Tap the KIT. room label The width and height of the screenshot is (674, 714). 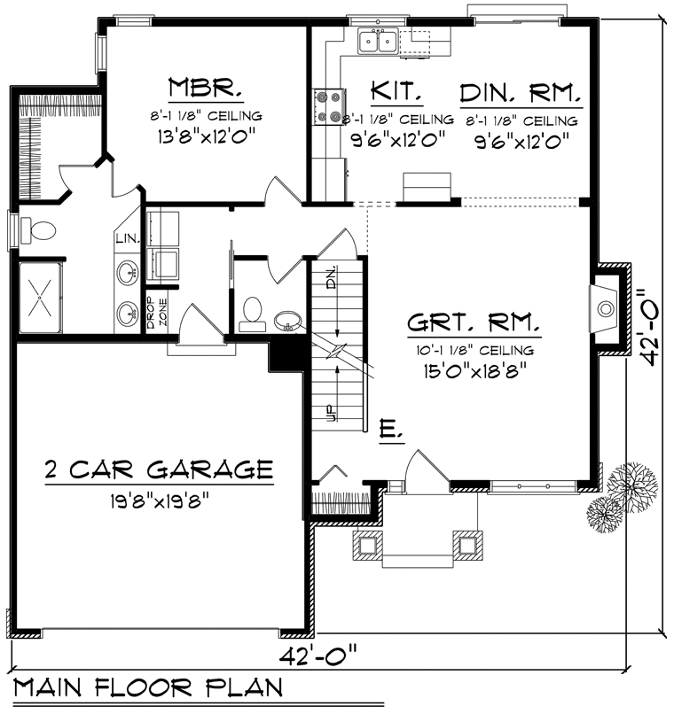[396, 90]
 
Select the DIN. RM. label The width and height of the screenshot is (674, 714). [521, 93]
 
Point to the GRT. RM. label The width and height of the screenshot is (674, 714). [473, 322]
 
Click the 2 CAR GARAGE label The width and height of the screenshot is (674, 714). [159, 469]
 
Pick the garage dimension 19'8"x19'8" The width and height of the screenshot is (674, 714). [159, 501]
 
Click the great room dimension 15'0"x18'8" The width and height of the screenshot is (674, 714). [474, 370]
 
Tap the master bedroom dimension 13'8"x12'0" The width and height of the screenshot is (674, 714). [206, 136]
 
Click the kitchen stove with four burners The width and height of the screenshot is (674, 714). [328, 107]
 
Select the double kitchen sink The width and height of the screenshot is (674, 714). [378, 42]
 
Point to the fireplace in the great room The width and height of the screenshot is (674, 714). [605, 309]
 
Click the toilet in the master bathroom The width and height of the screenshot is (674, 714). [38, 230]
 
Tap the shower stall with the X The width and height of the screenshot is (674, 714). [40, 298]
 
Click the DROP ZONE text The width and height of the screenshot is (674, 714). [157, 313]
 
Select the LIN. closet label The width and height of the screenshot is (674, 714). [127, 237]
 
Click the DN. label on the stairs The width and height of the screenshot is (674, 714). [332, 276]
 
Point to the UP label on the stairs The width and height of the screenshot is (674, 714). [332, 413]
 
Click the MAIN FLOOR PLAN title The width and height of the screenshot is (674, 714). [149, 687]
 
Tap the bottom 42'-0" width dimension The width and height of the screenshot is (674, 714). [317, 656]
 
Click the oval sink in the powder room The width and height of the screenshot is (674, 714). [287, 320]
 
